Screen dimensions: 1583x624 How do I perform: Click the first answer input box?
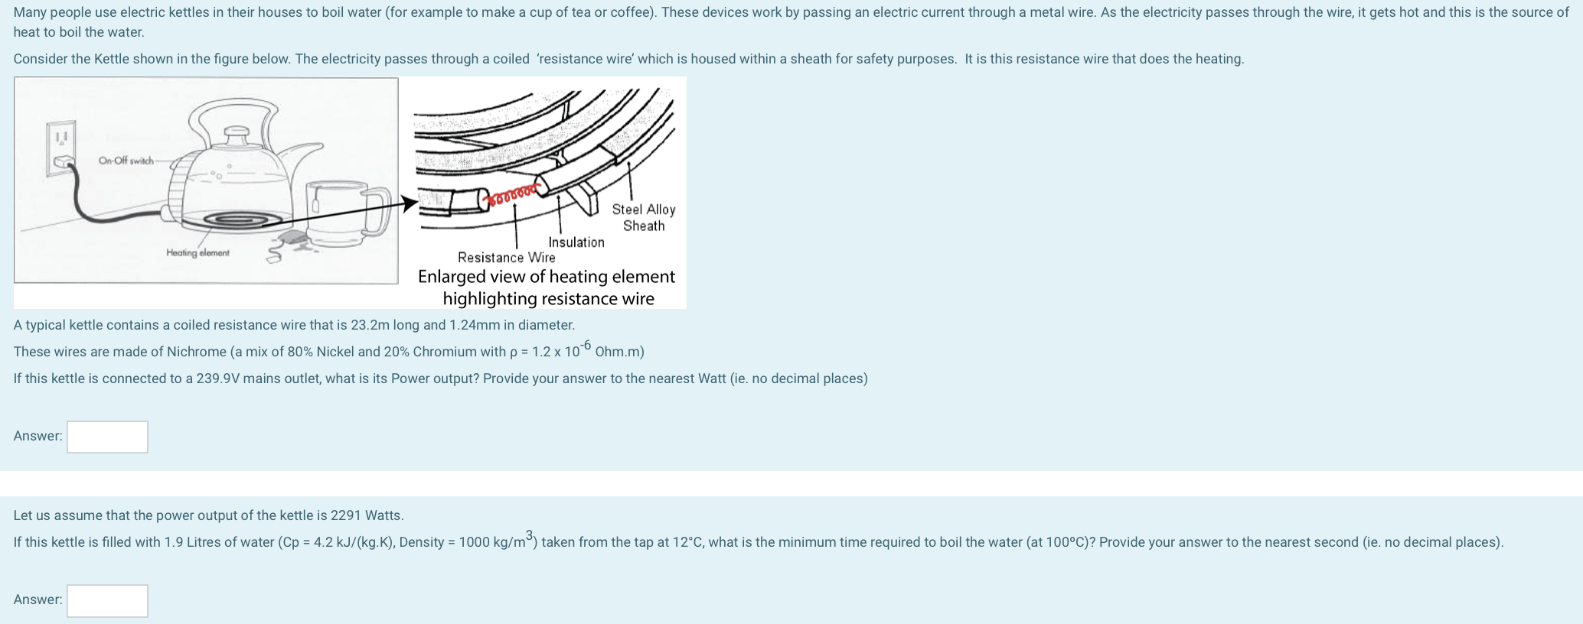click(x=107, y=437)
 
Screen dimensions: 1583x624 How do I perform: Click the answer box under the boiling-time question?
click(x=107, y=600)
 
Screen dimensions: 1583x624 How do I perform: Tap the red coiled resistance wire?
click(x=513, y=194)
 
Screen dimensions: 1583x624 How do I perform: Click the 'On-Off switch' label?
click(x=126, y=161)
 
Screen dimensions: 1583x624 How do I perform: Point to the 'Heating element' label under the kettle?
click(x=197, y=253)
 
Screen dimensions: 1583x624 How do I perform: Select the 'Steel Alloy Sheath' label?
click(x=644, y=217)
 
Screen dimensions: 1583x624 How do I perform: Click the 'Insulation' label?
click(x=576, y=242)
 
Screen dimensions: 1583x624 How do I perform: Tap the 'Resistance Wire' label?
click(x=507, y=258)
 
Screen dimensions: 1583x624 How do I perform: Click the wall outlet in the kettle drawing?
click(x=61, y=148)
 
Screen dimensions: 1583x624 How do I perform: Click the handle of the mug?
click(x=378, y=211)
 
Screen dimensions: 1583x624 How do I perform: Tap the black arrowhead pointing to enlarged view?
click(x=410, y=203)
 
